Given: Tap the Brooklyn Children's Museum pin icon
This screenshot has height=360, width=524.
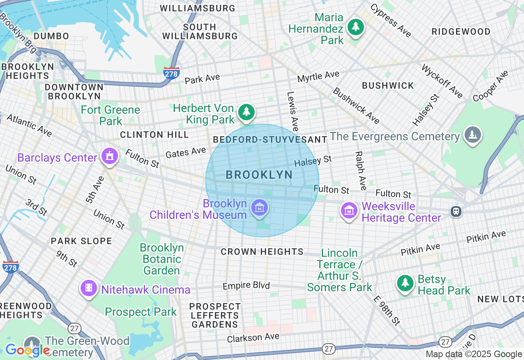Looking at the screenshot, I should coord(260,208).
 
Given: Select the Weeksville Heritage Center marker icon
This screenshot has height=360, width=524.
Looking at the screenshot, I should coord(349,211).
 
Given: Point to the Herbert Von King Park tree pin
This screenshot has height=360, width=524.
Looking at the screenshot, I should coord(246,112).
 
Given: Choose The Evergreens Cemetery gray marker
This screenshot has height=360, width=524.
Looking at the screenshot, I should coord(472,135).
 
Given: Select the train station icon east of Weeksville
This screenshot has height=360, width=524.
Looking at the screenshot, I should coord(455,211).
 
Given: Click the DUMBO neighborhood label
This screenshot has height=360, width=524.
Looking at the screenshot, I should coord(52,36).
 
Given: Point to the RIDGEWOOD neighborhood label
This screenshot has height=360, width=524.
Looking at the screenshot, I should coord(461,32).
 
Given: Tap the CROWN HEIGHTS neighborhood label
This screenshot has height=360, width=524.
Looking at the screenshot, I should coord(262,252).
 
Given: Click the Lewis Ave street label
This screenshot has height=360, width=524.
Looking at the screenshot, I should coord(292,111).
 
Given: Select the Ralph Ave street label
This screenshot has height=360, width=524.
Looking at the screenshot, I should coord(360,171).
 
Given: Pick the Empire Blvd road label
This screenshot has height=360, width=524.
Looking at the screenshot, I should coord(246,285).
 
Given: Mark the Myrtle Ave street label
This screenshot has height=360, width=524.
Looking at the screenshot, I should coord(318,76).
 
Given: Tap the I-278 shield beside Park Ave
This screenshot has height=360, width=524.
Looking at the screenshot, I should coord(171,73).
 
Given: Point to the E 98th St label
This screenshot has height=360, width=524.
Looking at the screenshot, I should coord(387,310).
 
